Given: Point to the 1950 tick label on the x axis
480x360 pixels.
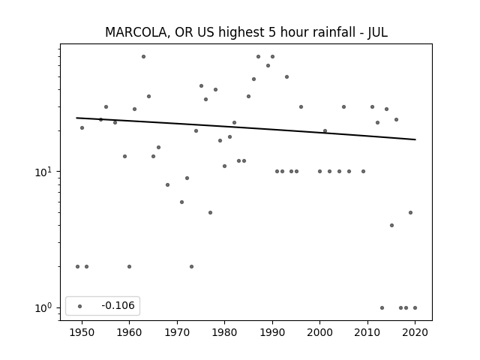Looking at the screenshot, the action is [x=82, y=332].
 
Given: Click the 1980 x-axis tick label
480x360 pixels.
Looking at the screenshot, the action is [x=225, y=332].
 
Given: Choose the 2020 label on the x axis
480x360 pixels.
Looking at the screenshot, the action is [x=415, y=332].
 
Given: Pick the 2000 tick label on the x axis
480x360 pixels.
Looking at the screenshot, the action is [x=320, y=332].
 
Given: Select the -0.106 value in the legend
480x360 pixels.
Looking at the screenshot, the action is [x=118, y=305].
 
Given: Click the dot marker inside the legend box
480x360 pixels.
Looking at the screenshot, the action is [x=80, y=306].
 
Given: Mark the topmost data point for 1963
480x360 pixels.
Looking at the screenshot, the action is [x=143, y=57].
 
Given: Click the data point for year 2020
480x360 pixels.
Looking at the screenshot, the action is [x=415, y=308].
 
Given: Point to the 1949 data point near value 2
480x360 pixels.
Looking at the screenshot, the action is [x=77, y=267].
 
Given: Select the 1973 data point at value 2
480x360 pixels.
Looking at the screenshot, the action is [x=192, y=267].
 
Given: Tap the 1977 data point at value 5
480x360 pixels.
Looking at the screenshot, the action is [x=210, y=213].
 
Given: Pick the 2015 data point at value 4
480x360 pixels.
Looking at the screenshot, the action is [x=391, y=226].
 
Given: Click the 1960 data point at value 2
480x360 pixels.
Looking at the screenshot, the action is [x=129, y=267].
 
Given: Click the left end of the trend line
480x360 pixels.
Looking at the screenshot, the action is [x=76, y=118].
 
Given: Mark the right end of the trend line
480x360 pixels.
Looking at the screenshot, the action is [x=415, y=139].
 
